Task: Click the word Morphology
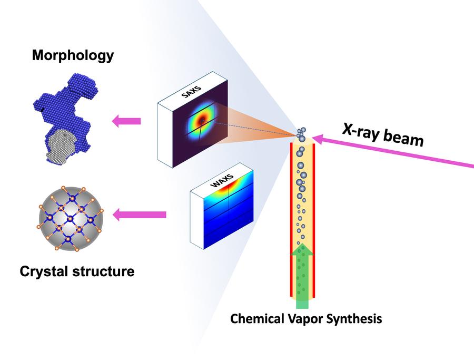[x=73, y=55]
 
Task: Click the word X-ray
[x=360, y=131]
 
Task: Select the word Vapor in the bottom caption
[x=305, y=318]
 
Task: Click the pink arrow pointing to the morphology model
[x=126, y=121]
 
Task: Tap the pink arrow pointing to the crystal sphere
[x=140, y=215]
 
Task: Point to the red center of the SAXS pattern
[x=202, y=122]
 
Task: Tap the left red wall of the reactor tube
[x=291, y=220]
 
